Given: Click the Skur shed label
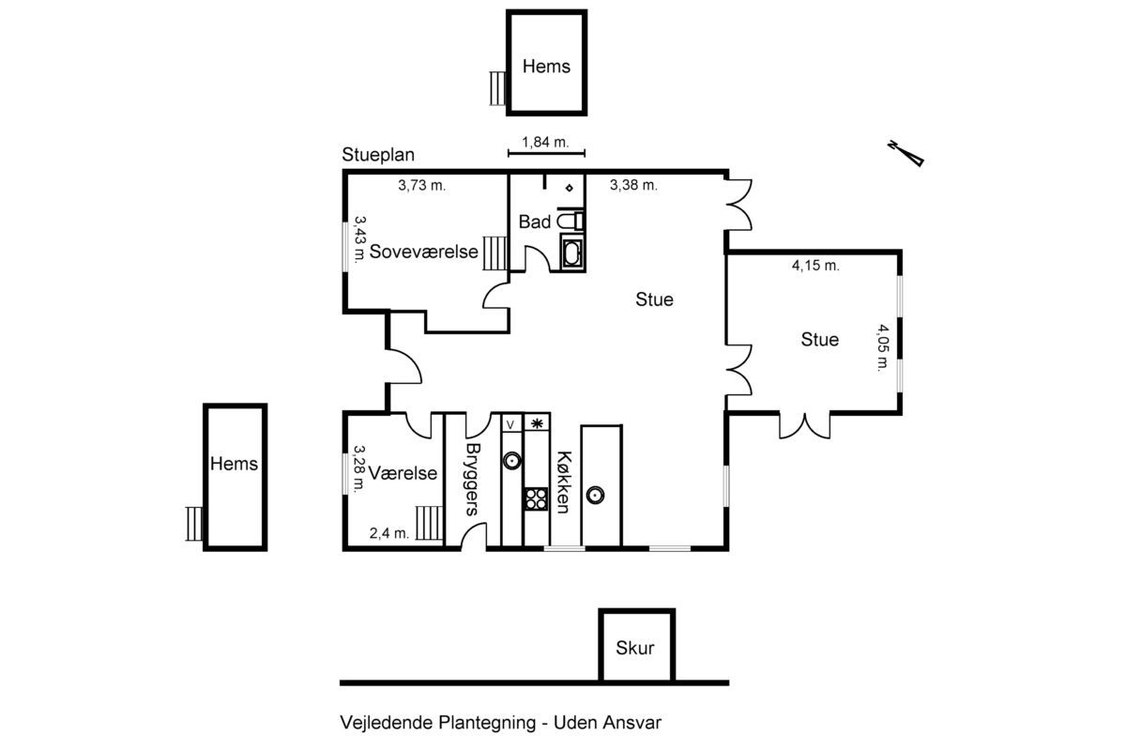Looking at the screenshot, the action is pyautogui.click(x=635, y=648).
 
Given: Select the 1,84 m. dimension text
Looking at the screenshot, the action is pyautogui.click(x=545, y=143).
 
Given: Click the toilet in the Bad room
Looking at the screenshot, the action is pyautogui.click(x=571, y=221).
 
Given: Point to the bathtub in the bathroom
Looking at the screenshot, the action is pyautogui.click(x=572, y=253).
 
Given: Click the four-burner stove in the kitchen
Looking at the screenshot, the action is pyautogui.click(x=536, y=498).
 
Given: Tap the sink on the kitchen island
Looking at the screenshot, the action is pyautogui.click(x=595, y=496).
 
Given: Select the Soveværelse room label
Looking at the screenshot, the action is pyautogui.click(x=424, y=252).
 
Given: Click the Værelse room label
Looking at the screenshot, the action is pyautogui.click(x=403, y=473).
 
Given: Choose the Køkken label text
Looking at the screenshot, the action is pyautogui.click(x=564, y=482).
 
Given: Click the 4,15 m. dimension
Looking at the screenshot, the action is pyautogui.click(x=815, y=266).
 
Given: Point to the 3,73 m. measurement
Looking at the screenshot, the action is pyautogui.click(x=422, y=186).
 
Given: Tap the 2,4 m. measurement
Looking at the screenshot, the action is pyautogui.click(x=389, y=533).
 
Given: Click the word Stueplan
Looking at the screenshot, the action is pyautogui.click(x=378, y=155).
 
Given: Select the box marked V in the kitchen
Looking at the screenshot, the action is pyautogui.click(x=510, y=424).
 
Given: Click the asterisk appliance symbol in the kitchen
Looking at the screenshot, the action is pyautogui.click(x=537, y=423).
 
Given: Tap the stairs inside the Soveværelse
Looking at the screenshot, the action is pyautogui.click(x=495, y=253).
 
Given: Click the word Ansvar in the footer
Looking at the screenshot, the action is pyautogui.click(x=632, y=723).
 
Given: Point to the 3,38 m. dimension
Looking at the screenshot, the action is pyautogui.click(x=634, y=185).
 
